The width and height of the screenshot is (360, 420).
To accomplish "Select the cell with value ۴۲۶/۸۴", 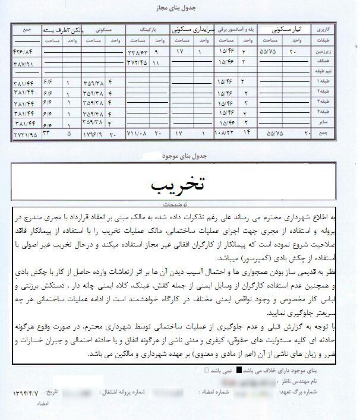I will click(25, 52).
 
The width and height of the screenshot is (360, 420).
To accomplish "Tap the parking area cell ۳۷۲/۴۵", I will click(140, 62).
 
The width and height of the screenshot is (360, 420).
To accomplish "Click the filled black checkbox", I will click(239, 370).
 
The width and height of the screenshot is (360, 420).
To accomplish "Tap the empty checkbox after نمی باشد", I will click(206, 370).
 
